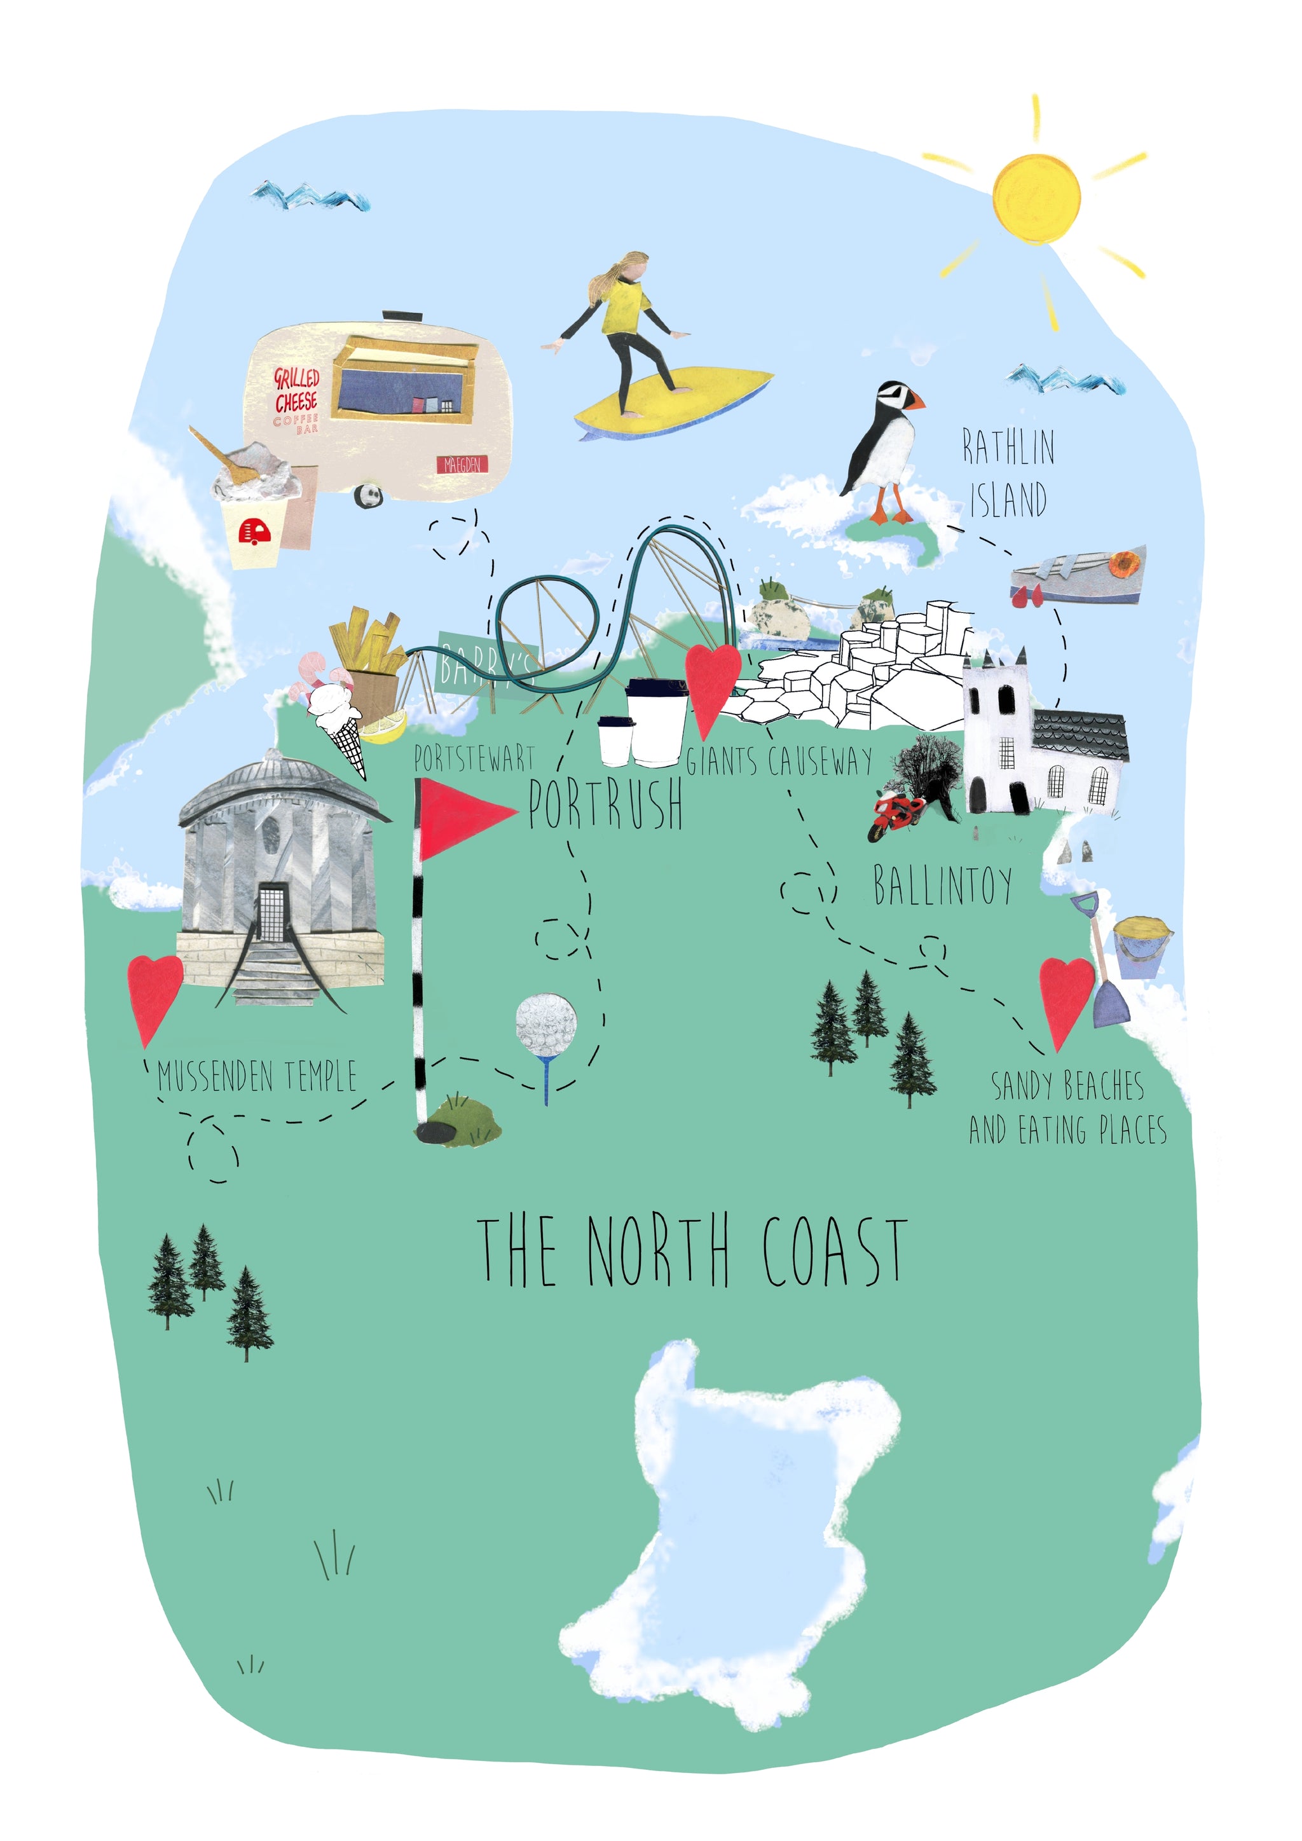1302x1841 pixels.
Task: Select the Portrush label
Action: [605, 804]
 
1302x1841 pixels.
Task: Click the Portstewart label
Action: [474, 758]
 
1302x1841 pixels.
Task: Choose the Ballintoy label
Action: [942, 886]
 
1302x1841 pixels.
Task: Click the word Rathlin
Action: [1008, 448]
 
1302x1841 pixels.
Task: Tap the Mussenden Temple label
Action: [257, 1076]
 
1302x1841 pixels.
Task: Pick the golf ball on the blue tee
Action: [545, 1024]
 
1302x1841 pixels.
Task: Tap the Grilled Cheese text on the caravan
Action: [297, 390]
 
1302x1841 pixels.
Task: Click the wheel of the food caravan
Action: [369, 495]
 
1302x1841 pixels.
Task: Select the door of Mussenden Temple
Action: [272, 912]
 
